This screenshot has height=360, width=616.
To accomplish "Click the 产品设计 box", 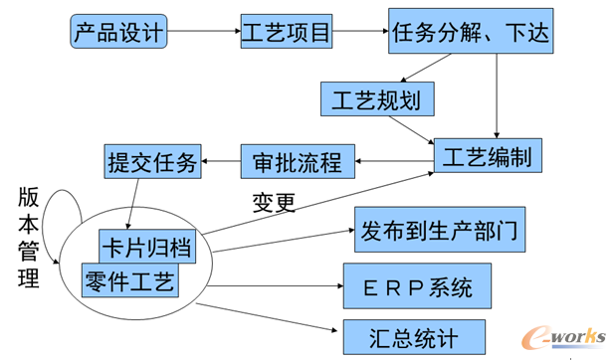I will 117,33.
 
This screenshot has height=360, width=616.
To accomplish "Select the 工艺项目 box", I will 287,33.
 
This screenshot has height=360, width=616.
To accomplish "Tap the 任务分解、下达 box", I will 469,33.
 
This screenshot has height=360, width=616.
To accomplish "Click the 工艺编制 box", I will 487,157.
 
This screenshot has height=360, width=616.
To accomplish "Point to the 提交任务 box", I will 152,161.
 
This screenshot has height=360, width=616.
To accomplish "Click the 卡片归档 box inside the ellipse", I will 146,245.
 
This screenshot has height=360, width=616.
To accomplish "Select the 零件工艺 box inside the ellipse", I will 129,281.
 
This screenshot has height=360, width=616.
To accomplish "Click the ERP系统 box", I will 416,287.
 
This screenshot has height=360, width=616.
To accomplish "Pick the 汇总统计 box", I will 414,336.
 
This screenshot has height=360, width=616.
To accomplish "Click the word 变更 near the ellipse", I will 273,203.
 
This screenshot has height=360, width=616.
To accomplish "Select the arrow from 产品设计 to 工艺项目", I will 202,33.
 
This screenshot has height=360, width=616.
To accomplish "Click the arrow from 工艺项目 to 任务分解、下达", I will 359,33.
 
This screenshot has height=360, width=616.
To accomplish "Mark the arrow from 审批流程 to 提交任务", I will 221,161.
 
